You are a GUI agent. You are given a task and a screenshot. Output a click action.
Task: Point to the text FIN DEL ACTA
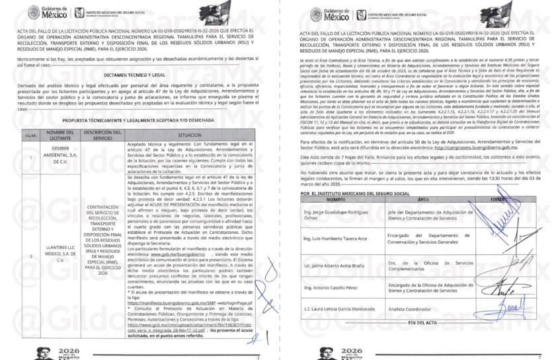(423, 322)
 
